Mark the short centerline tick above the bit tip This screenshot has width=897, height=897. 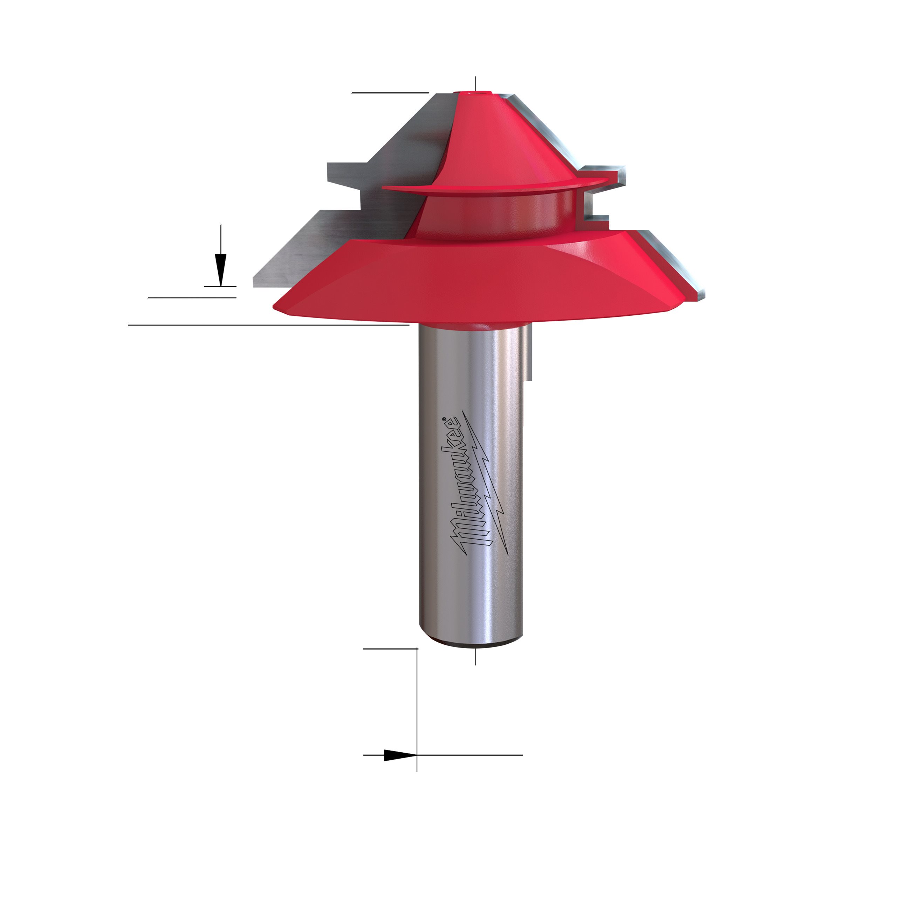[475, 84]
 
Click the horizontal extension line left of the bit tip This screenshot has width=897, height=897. [390, 93]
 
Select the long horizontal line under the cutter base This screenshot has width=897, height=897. [268, 326]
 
